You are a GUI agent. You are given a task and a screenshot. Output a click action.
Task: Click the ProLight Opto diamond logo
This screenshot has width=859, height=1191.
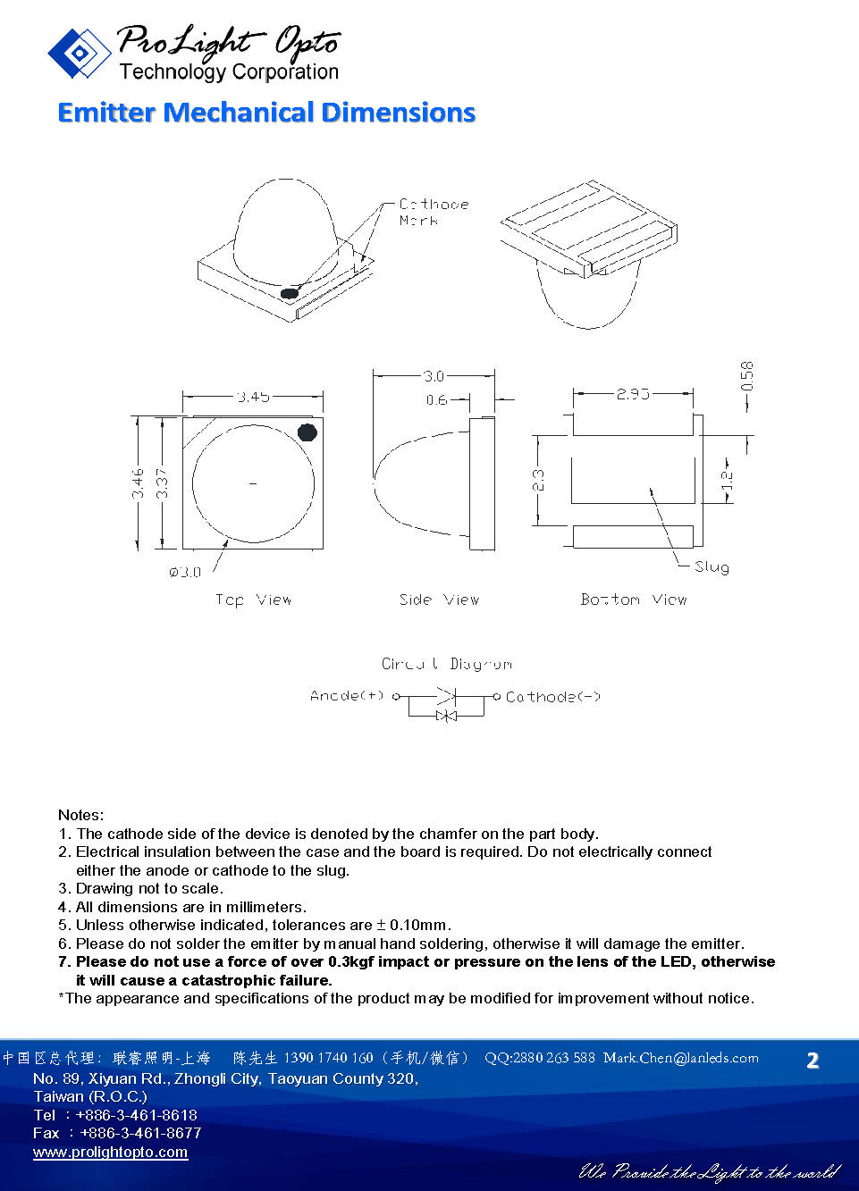tap(79, 54)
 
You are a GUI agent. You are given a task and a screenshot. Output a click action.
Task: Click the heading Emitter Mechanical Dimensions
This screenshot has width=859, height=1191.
tap(265, 113)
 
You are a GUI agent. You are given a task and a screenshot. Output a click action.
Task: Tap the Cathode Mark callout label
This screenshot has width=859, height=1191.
tap(434, 212)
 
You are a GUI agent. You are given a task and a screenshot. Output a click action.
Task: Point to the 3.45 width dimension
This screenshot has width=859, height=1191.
tap(253, 396)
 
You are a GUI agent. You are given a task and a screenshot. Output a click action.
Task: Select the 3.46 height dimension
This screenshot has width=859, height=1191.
tap(138, 483)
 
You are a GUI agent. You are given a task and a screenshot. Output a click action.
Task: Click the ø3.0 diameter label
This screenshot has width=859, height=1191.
tap(185, 572)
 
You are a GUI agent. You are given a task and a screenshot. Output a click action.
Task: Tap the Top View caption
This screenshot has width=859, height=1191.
tap(253, 600)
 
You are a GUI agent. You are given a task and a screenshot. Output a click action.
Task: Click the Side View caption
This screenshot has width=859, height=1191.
tap(439, 600)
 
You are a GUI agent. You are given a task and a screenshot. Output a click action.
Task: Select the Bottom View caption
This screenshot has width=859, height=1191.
tap(633, 600)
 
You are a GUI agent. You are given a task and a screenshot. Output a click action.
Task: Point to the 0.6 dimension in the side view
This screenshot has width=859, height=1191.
tap(436, 399)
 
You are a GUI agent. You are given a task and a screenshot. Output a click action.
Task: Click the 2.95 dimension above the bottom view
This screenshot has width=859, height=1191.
tap(632, 393)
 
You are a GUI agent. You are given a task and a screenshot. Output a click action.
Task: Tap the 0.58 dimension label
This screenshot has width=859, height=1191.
tap(747, 376)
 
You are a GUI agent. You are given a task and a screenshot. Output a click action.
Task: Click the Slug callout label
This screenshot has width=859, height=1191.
tap(712, 566)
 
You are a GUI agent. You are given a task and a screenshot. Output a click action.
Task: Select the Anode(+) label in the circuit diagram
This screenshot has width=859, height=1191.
tap(347, 695)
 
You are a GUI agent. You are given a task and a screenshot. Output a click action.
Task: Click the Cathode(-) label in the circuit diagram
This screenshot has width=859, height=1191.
tap(552, 697)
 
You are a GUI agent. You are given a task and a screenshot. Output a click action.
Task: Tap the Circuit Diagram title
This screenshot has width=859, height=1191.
tap(446, 664)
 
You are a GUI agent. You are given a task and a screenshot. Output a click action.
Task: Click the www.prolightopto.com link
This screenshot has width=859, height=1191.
tap(110, 1152)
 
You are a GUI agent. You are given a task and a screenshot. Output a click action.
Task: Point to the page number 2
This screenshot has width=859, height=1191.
tap(812, 1061)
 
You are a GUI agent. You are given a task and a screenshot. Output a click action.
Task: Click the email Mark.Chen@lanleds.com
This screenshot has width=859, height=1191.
tap(680, 1058)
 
